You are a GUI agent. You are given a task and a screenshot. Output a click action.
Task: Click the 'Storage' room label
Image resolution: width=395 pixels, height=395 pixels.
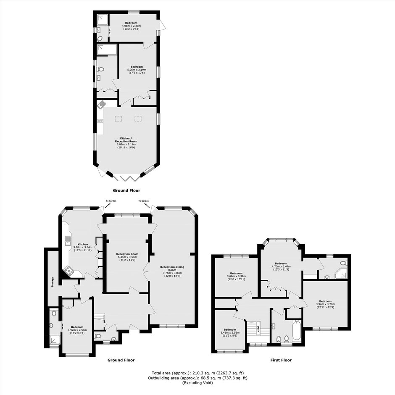pyautogui.click(x=53, y=282)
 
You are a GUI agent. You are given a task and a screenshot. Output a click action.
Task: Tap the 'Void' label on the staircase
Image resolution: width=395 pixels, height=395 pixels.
pyautogui.click(x=258, y=329)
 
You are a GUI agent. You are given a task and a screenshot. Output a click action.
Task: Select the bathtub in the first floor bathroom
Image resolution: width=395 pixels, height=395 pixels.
pyautogui.click(x=297, y=330)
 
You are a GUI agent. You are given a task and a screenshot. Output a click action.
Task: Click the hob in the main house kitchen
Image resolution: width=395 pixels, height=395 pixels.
pyautogui.click(x=69, y=271)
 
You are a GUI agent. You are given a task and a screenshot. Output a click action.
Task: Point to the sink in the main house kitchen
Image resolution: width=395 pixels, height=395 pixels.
pyautogui.click(x=68, y=241)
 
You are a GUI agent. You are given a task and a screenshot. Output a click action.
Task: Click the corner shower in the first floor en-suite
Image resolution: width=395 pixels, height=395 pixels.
pyautogui.click(x=341, y=273)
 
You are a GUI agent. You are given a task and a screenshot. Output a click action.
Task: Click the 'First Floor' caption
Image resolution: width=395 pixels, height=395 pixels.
pyautogui.click(x=281, y=360)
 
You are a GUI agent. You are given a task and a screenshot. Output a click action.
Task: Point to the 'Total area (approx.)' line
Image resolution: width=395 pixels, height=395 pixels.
pyautogui.click(x=198, y=373)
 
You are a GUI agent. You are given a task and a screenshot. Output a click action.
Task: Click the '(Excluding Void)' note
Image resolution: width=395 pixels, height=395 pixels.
pyautogui.click(x=198, y=383)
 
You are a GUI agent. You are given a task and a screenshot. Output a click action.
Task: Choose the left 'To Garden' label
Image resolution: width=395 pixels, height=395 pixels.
pyautogui.click(x=111, y=201)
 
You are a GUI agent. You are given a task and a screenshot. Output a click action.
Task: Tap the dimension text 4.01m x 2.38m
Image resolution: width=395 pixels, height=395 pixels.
pyautogui.click(x=131, y=26)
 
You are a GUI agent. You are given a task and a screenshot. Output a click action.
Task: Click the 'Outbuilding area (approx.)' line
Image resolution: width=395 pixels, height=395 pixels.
pyautogui.click(x=198, y=378)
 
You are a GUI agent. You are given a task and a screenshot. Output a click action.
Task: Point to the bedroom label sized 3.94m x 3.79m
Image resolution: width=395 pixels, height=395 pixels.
pyautogui.click(x=325, y=304)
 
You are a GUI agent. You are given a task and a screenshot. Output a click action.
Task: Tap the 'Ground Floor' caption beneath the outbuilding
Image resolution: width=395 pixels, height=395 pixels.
pyautogui.click(x=126, y=190)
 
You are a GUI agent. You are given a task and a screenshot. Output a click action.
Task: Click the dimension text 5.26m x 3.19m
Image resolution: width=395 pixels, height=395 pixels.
pyautogui.click(x=137, y=69)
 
